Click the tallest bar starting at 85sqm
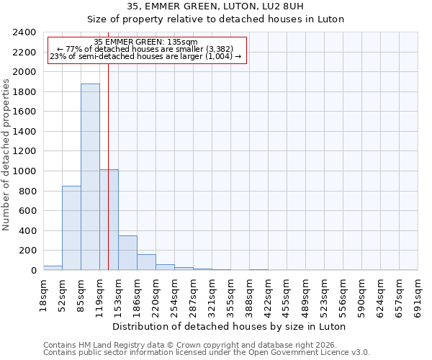(x=90, y=177)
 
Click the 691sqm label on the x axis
(x=418, y=294)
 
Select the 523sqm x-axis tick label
(x=324, y=294)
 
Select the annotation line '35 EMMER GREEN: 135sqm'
(x=145, y=42)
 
